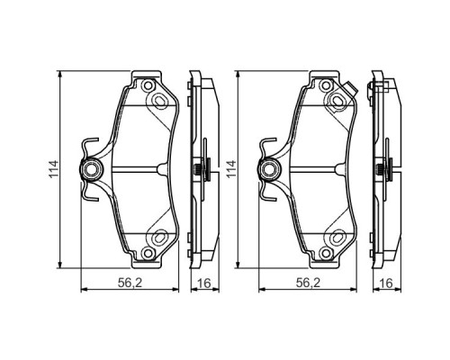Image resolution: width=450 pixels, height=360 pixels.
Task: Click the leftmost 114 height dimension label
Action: pos(53,167)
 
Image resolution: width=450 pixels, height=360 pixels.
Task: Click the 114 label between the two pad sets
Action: pos(231,167)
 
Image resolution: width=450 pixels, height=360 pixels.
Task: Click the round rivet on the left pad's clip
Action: pos(91,167)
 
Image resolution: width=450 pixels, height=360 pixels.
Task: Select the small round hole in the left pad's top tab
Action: pos(144,84)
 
